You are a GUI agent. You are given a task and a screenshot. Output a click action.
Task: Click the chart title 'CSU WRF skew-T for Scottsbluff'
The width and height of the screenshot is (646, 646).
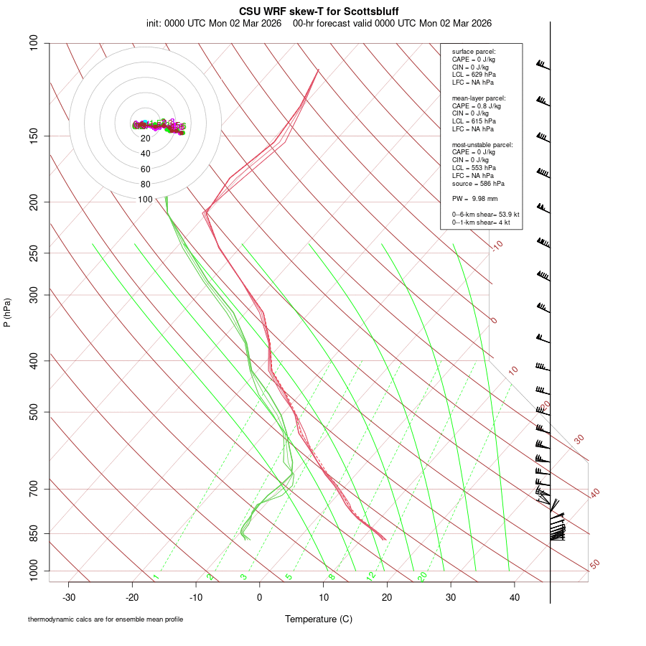click(x=319, y=11)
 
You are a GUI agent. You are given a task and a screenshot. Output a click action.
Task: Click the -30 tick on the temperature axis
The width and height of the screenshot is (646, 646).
click(x=69, y=597)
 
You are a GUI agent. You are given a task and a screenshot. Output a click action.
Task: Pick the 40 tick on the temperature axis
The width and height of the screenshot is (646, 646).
click(x=515, y=597)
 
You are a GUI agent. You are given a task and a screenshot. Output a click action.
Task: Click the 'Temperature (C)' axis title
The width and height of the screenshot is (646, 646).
click(x=319, y=619)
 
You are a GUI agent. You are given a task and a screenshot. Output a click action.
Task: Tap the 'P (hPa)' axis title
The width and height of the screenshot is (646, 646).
click(x=7, y=312)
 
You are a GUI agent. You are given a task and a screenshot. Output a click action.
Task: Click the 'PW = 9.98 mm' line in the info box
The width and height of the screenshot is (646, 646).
click(x=474, y=198)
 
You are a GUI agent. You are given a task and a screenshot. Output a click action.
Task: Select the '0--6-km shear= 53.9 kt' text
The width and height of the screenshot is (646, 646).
click(x=480, y=214)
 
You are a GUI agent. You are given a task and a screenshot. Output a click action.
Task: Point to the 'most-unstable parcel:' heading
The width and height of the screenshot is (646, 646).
click(x=482, y=144)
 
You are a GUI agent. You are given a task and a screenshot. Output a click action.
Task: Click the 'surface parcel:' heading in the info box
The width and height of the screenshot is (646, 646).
click(x=474, y=52)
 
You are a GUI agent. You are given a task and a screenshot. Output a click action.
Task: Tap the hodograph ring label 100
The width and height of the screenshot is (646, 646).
click(x=146, y=200)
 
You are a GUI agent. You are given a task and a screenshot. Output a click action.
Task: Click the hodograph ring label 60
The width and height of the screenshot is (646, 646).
click(x=146, y=169)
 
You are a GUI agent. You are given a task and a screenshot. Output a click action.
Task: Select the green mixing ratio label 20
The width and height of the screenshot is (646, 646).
click(x=422, y=576)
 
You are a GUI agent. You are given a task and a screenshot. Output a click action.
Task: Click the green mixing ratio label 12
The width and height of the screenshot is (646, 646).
click(x=371, y=576)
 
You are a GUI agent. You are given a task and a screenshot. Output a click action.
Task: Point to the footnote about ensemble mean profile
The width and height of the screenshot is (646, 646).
click(x=105, y=619)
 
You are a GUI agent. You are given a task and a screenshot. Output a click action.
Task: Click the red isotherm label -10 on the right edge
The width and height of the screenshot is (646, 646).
click(x=497, y=245)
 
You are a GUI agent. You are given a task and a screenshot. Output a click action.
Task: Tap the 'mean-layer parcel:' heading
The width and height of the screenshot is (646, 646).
click(x=479, y=98)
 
